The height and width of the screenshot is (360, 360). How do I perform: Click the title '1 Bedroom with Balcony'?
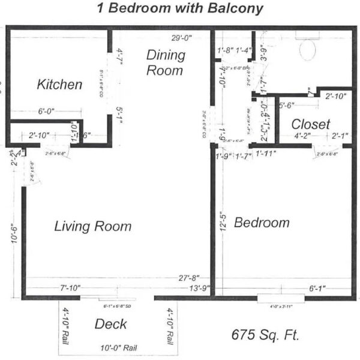click(180, 8)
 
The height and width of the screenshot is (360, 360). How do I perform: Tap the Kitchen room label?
click(59, 85)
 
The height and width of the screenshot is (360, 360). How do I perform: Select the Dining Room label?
click(165, 62)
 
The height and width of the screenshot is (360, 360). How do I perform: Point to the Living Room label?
click(92, 226)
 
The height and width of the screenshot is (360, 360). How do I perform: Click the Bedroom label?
click(262, 223)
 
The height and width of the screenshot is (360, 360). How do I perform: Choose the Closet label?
click(311, 124)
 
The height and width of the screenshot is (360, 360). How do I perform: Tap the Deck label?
click(111, 325)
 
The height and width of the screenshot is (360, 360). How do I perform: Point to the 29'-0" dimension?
click(181, 38)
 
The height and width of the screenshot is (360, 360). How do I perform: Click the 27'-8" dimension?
click(187, 278)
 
